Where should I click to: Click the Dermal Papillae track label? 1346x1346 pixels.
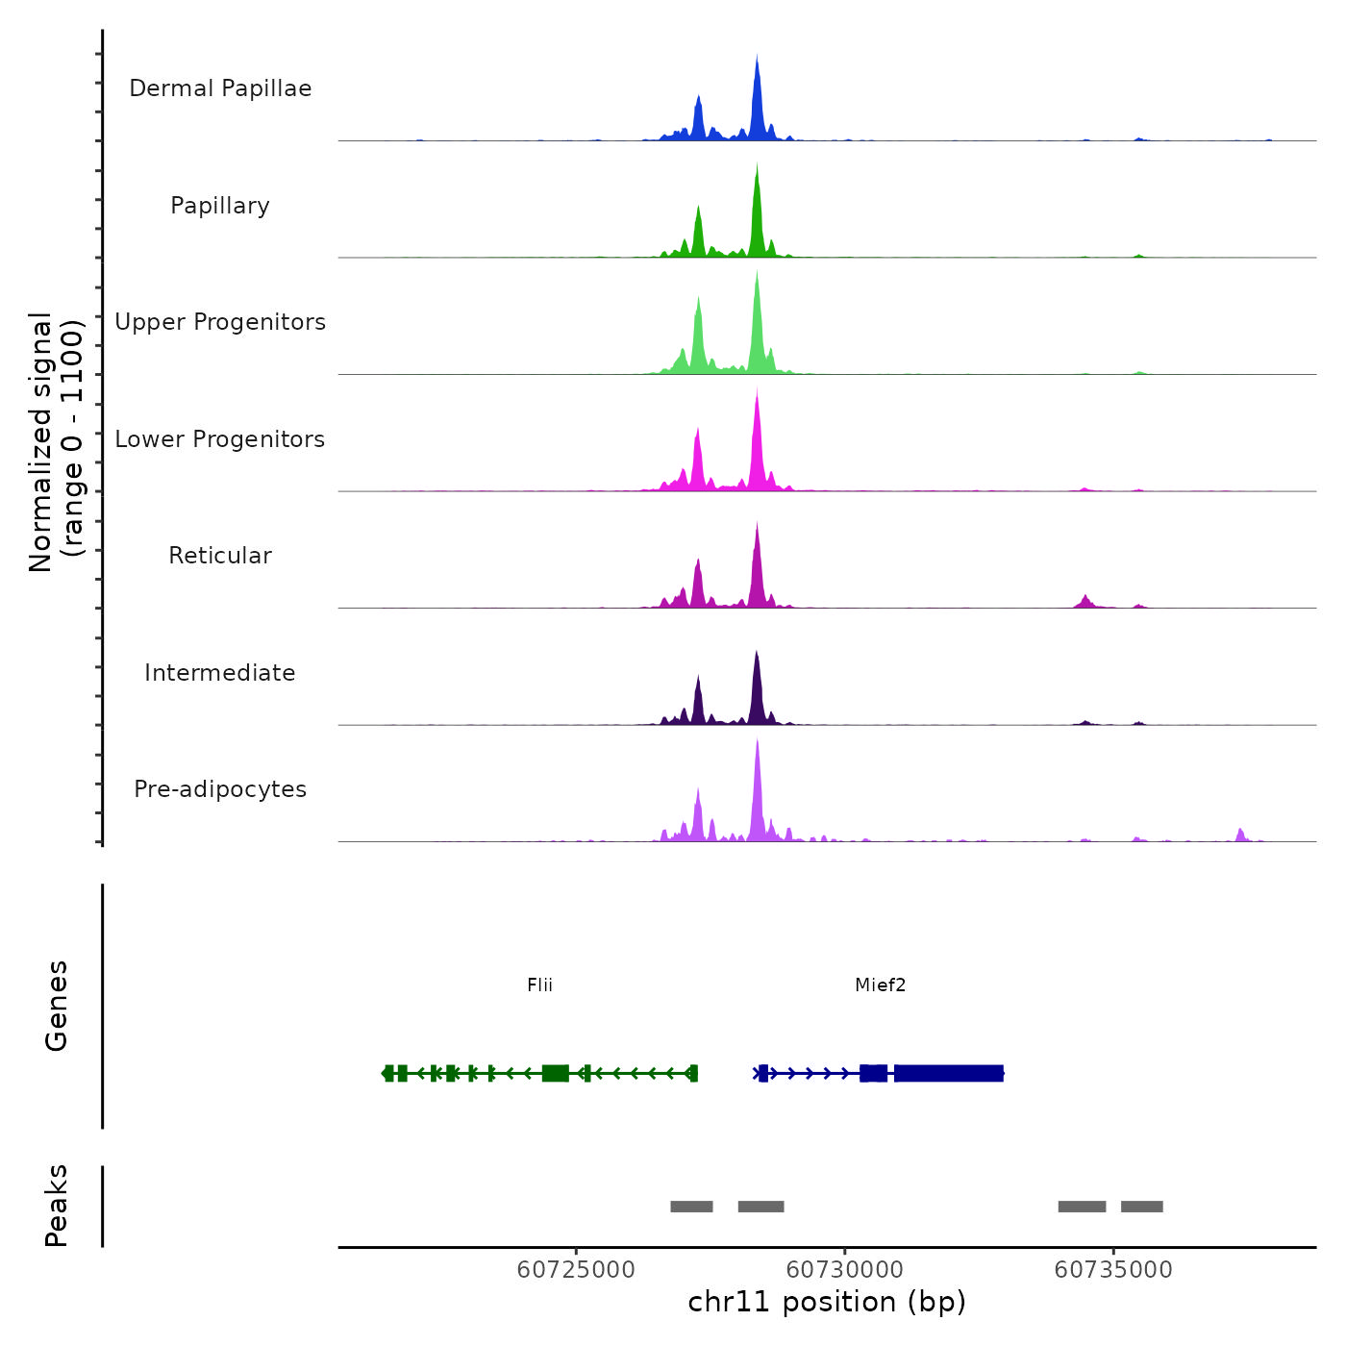coord(220,88)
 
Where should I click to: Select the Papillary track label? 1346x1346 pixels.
coord(220,206)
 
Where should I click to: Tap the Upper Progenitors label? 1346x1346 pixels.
coord(220,322)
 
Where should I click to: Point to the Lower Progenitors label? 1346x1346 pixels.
coord(220,439)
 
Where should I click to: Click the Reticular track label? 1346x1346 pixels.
coord(220,556)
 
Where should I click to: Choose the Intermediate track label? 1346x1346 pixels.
coord(220,673)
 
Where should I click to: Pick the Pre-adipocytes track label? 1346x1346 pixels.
coord(220,789)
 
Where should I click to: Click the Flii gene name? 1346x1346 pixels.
coord(539,985)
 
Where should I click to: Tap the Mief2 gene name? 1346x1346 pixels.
coord(880,985)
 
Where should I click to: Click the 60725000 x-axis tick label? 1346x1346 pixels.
coord(576,1270)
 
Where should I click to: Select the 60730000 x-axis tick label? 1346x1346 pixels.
coord(845,1270)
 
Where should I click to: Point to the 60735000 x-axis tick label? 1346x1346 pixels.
coord(1113,1270)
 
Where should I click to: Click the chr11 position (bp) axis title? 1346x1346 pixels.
coord(827,1302)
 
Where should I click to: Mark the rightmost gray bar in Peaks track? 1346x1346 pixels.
coord(1141,1207)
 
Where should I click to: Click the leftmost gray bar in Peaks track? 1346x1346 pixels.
coord(691,1207)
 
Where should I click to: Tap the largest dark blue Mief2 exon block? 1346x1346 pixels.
coord(948,1073)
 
